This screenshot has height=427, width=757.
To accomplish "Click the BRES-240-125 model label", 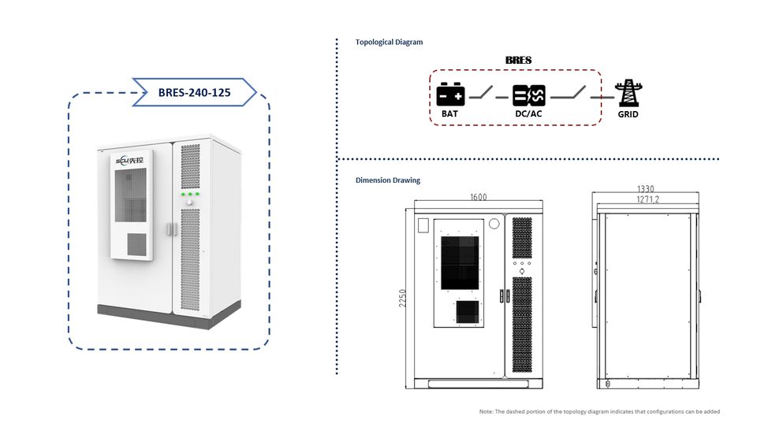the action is click(x=194, y=92).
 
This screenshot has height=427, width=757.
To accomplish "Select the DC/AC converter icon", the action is click(x=528, y=95).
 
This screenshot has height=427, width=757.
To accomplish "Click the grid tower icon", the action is click(x=628, y=93).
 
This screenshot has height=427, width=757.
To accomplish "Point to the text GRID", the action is click(x=628, y=114).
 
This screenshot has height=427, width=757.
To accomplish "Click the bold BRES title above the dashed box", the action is click(x=519, y=61).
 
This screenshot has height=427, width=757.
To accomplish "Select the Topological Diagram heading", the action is click(x=389, y=42).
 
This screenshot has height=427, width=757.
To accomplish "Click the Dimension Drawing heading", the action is click(x=388, y=180).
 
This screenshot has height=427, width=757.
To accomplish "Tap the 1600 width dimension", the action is click(x=479, y=197).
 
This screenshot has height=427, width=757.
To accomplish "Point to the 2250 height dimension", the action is click(x=403, y=298).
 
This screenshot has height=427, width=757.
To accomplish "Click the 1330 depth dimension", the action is click(x=646, y=188).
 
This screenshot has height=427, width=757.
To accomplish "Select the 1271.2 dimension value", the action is click(x=647, y=199).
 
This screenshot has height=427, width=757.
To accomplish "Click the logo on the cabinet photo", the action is click(x=129, y=161).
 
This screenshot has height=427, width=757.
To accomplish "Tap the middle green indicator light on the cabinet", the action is click(x=190, y=194).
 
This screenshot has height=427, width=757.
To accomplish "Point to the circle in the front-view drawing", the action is click(x=494, y=224).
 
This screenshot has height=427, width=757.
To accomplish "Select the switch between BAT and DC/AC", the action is click(x=481, y=93).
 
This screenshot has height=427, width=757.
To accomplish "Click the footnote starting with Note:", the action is click(x=599, y=411).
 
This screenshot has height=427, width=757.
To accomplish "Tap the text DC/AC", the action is click(x=528, y=114).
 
